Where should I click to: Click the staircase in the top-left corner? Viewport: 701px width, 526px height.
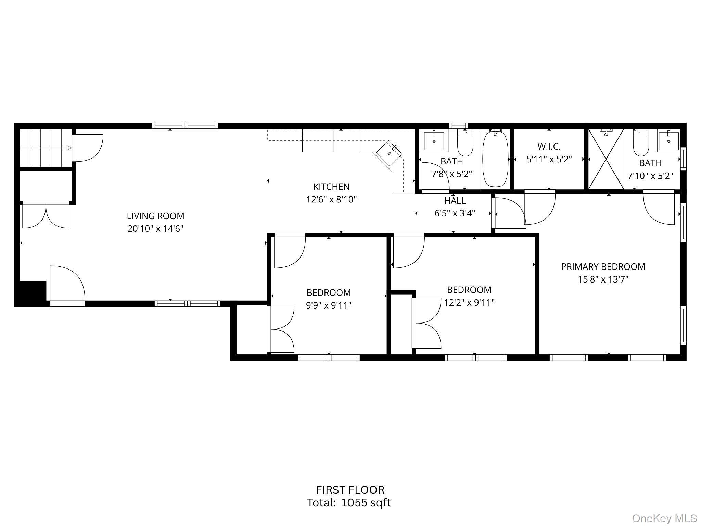click(46, 148)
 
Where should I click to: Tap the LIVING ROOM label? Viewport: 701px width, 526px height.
click(155, 216)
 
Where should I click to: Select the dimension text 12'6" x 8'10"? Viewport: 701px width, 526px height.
click(331, 199)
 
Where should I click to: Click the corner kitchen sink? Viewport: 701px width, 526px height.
click(390, 153)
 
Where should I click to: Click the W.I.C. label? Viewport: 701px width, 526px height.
click(549, 147)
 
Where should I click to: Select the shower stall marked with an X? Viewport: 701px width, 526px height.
click(606, 159)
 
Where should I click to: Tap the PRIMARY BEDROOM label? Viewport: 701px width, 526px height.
click(603, 267)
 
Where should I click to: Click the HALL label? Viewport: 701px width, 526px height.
click(455, 201)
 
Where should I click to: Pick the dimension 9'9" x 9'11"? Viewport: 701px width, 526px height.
click(329, 305)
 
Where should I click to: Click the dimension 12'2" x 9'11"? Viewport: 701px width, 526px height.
click(469, 303)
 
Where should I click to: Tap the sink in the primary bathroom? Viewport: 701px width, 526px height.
click(668, 141)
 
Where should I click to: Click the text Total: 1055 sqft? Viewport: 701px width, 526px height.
click(349, 503)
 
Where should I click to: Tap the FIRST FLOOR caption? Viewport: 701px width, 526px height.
click(350, 490)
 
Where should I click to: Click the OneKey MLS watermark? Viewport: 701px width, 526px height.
click(664, 518)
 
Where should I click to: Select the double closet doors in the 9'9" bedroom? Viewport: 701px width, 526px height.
click(281, 329)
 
